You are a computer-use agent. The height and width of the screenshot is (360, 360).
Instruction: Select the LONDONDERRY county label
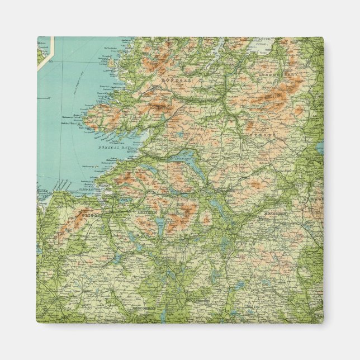276,73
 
